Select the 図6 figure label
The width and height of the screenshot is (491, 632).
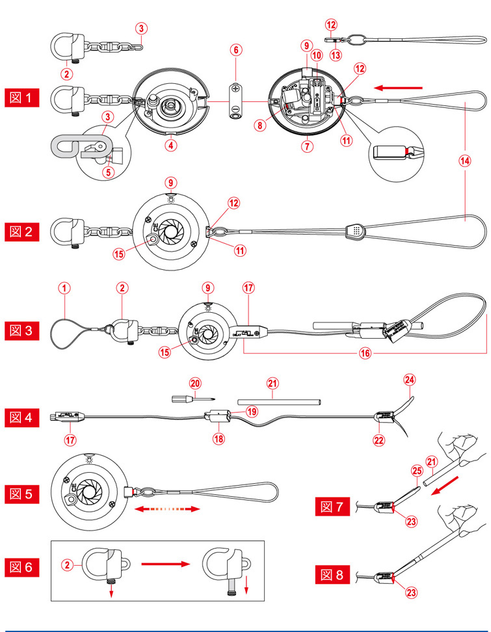pos(23,566)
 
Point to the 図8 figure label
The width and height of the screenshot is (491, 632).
pos(334,574)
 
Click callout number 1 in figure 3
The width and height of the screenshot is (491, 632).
pos(64,287)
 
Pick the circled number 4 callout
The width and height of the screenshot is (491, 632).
pos(171,146)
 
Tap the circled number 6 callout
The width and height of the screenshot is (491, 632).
pos(236,49)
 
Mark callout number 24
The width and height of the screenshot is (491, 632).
pos(408,377)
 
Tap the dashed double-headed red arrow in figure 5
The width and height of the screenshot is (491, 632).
pos(165,511)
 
